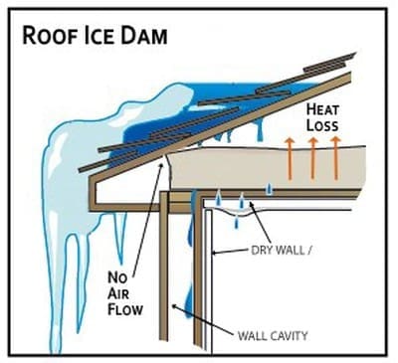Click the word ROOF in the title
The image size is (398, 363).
[x=50, y=36]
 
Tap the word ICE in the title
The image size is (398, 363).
[x=99, y=36]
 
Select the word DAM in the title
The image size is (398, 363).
[x=143, y=36]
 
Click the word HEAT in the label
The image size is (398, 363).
[x=322, y=109]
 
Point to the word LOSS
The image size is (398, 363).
[x=322, y=125]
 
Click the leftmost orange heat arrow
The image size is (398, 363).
[x=291, y=159]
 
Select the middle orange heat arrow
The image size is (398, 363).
[x=312, y=158]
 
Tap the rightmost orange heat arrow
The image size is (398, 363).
[x=335, y=158]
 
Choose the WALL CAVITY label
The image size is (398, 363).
[x=273, y=336]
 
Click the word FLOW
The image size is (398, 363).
[x=125, y=309]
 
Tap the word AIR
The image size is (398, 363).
[x=118, y=293]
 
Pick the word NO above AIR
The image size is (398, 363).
[x=117, y=277]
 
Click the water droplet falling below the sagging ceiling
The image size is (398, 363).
[x=236, y=222]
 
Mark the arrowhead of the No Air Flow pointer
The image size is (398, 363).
[x=162, y=165]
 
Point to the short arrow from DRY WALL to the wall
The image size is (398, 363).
[x=231, y=252]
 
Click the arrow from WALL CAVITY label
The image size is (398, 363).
[x=202, y=319]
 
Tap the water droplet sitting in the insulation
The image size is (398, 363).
[x=271, y=188]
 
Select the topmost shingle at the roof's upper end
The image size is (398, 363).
[x=330, y=62]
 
